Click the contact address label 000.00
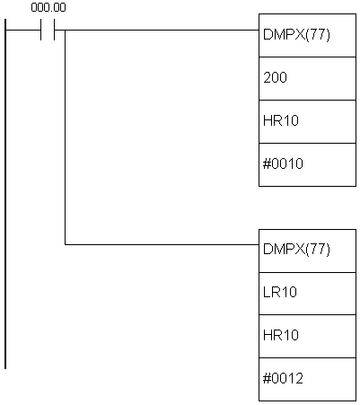click(48, 8)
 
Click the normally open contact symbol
click(48, 30)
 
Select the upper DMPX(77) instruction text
click(296, 35)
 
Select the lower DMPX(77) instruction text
click(296, 249)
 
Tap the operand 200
click(275, 77)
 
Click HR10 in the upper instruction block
click(281, 120)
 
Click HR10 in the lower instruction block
click(281, 335)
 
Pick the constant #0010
click(283, 163)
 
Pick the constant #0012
click(283, 378)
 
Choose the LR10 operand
click(280, 292)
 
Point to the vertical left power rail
click(5, 194)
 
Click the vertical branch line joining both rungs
click(66, 137)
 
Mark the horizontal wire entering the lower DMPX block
click(162, 244)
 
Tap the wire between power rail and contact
click(23, 30)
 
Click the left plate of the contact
click(40, 30)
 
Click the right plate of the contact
click(55, 30)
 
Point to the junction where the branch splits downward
click(66, 30)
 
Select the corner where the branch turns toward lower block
click(66, 244)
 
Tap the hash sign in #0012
click(266, 378)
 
